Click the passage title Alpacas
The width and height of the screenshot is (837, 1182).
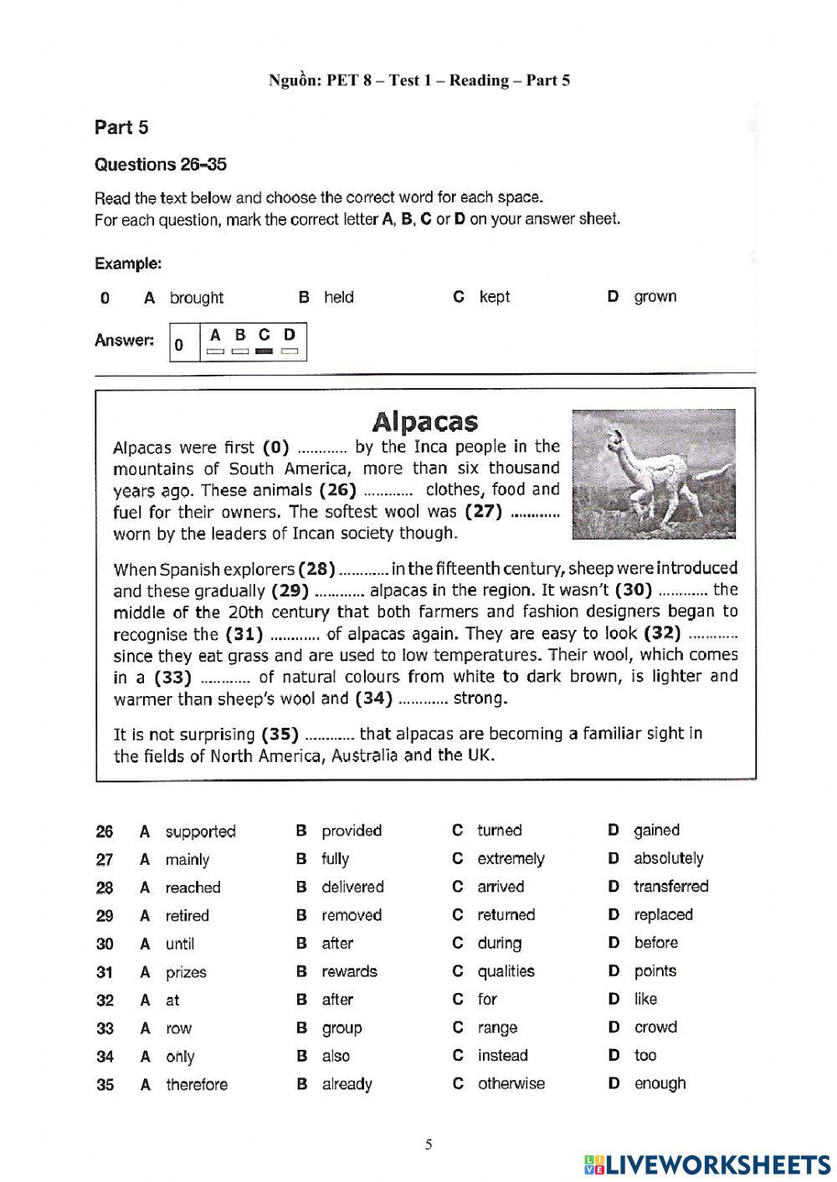424,421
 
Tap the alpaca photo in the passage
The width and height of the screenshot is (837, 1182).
653,474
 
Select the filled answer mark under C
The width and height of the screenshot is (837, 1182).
264,351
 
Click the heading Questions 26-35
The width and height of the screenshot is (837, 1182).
161,165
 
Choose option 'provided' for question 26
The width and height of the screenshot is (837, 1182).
351,831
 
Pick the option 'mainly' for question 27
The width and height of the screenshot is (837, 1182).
187,859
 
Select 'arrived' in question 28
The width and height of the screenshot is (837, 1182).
501,887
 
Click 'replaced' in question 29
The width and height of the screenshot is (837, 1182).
663,914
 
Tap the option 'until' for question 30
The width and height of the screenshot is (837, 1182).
180,944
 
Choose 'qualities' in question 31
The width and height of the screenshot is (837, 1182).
506,971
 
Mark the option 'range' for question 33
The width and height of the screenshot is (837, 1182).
497,1027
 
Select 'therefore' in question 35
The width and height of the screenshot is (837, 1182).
197,1084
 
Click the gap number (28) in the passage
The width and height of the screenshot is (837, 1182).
316,569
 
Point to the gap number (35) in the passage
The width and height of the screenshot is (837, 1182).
280,734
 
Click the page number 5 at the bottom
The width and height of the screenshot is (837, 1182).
429,1144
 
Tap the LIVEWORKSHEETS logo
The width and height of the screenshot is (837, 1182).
707,1164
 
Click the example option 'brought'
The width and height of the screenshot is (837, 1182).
197,298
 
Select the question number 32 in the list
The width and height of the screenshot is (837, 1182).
105,1000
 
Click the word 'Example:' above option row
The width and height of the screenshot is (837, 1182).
128,264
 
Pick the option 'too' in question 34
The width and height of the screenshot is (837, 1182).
644,1056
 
